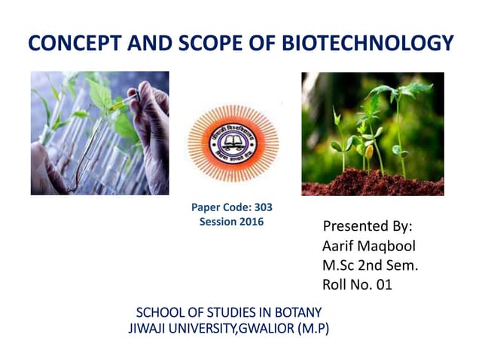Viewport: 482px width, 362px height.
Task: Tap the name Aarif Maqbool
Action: [368, 246]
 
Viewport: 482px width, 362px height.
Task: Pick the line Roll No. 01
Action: [357, 284]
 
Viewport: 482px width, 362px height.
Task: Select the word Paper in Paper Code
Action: [208, 208]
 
